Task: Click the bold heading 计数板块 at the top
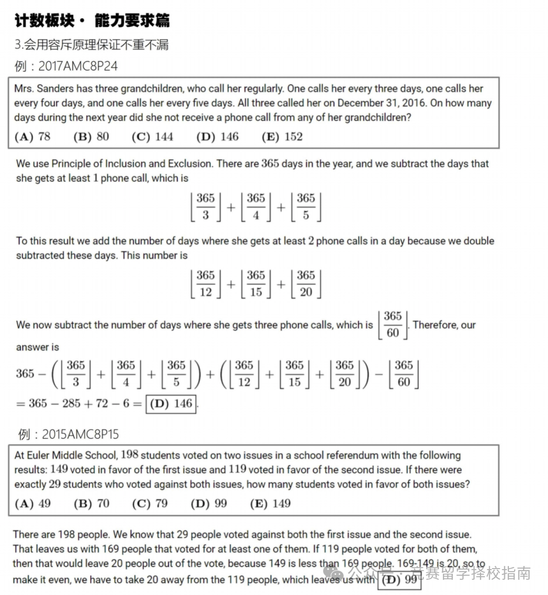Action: [x=44, y=21]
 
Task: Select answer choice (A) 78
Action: [x=33, y=137]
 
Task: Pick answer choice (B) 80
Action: [x=91, y=137]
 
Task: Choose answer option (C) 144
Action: [x=152, y=137]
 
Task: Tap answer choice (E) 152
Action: [x=282, y=137]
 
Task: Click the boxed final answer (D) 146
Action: [x=171, y=404]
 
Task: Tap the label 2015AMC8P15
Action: [x=80, y=435]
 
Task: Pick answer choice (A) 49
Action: [x=33, y=504]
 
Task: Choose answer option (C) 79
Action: [x=150, y=504]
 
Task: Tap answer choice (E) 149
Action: [x=270, y=504]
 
